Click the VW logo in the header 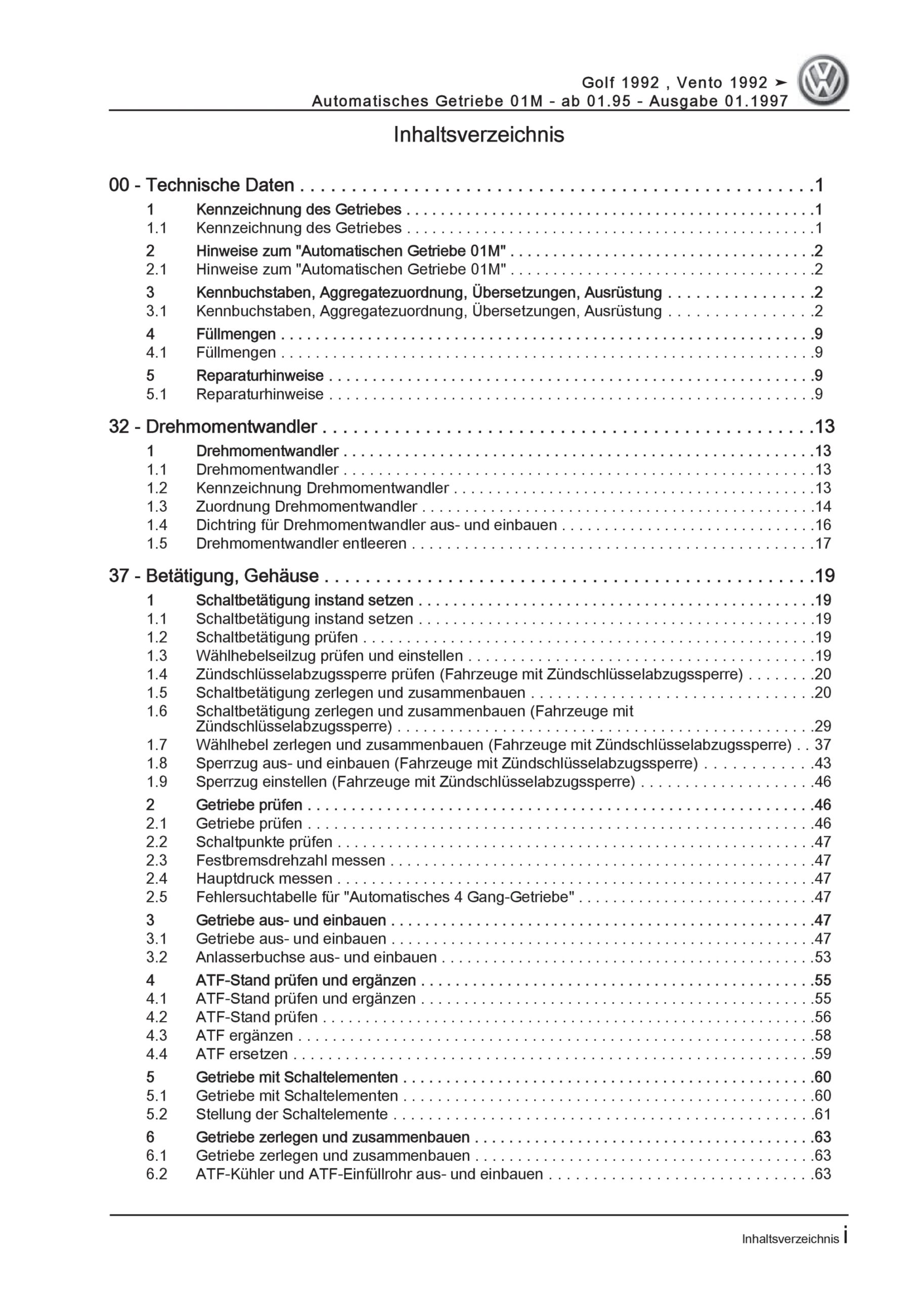pyautogui.click(x=822, y=80)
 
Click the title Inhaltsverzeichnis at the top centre pyautogui.click(x=478, y=135)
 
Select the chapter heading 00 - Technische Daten pyautogui.click(x=201, y=185)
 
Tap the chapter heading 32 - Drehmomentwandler pyautogui.click(x=212, y=427)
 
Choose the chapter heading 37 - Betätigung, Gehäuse pyautogui.click(x=214, y=576)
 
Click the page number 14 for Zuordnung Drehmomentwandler pyautogui.click(x=822, y=506)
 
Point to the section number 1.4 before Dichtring pyautogui.click(x=157, y=525)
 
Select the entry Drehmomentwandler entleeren pyautogui.click(x=301, y=544)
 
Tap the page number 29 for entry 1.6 pyautogui.click(x=822, y=726)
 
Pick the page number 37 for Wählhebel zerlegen pyautogui.click(x=822, y=745)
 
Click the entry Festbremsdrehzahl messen pyautogui.click(x=290, y=860)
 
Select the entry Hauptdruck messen pyautogui.click(x=264, y=878)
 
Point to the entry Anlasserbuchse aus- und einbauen pyautogui.click(x=316, y=957)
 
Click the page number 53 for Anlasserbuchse pyautogui.click(x=822, y=957)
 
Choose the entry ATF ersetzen pyautogui.click(x=241, y=1054)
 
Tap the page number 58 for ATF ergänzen pyautogui.click(x=822, y=1035)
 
